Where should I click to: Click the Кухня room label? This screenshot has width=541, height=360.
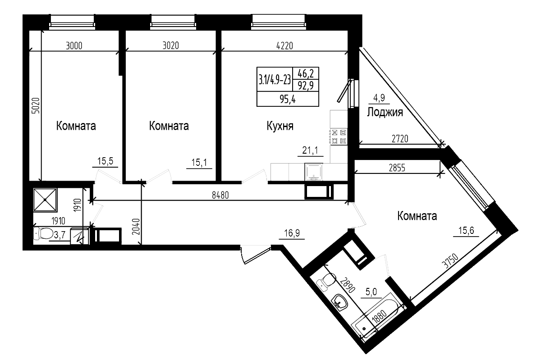pyautogui.click(x=280, y=126)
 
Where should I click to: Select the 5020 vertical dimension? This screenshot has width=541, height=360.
pyautogui.click(x=36, y=107)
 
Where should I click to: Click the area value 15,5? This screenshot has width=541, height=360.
pyautogui.click(x=105, y=161)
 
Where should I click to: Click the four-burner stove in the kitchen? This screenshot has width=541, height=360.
pyautogui.click(x=339, y=136)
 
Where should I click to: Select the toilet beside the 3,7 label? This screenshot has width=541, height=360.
pyautogui.click(x=43, y=234)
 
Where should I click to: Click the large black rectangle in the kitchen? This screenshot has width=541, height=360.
pyautogui.click(x=288, y=87)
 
